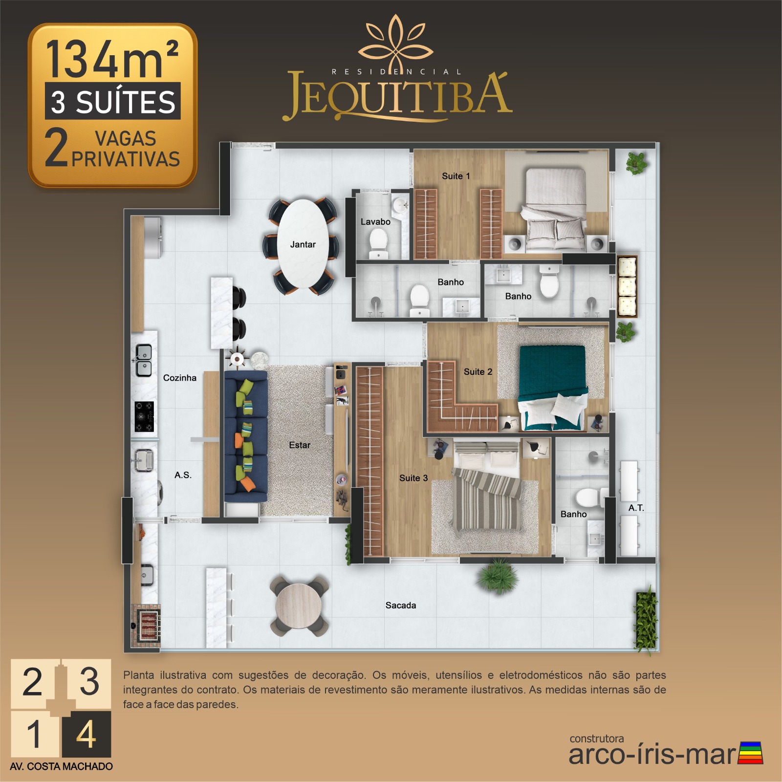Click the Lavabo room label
click(375, 222)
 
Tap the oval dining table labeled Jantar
click(303, 244)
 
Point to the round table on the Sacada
click(299, 606)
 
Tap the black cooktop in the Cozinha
click(144, 416)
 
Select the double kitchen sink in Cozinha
click(144, 360)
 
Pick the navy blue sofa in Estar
click(245, 436)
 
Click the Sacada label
click(401, 606)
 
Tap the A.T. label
click(636, 508)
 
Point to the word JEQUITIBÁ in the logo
click(397, 96)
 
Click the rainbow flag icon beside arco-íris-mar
click(751, 753)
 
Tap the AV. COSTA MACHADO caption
click(61, 766)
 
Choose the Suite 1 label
click(456, 176)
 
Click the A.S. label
click(183, 475)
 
